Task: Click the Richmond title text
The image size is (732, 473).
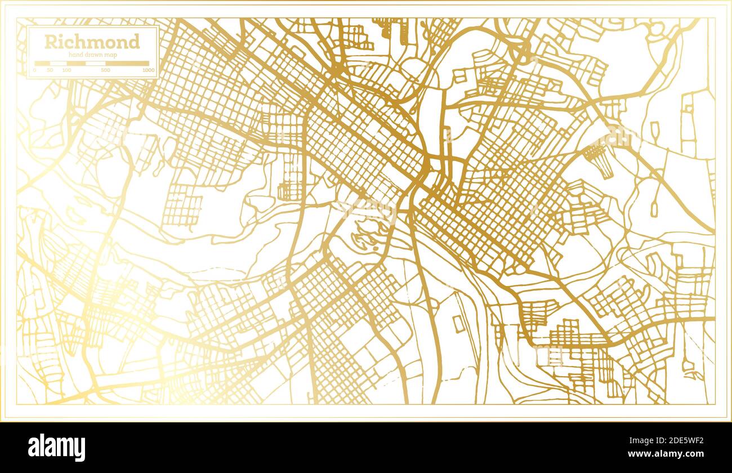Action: (92, 42)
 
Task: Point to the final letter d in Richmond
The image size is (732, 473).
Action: (134, 42)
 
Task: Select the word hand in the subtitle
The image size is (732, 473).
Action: (75, 54)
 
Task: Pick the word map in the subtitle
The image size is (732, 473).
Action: (110, 54)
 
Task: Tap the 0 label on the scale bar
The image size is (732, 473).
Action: (34, 70)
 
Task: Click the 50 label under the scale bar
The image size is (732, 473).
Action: (50, 70)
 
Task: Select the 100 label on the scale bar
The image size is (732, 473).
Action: (66, 70)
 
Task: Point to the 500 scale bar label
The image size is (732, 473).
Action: (105, 70)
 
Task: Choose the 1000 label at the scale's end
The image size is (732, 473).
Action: (148, 70)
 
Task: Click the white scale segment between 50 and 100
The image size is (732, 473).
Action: (59, 64)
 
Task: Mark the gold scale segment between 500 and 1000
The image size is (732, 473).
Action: (127, 64)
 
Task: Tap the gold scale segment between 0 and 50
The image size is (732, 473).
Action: (42, 64)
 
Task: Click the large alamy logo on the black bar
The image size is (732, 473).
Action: (56, 447)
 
